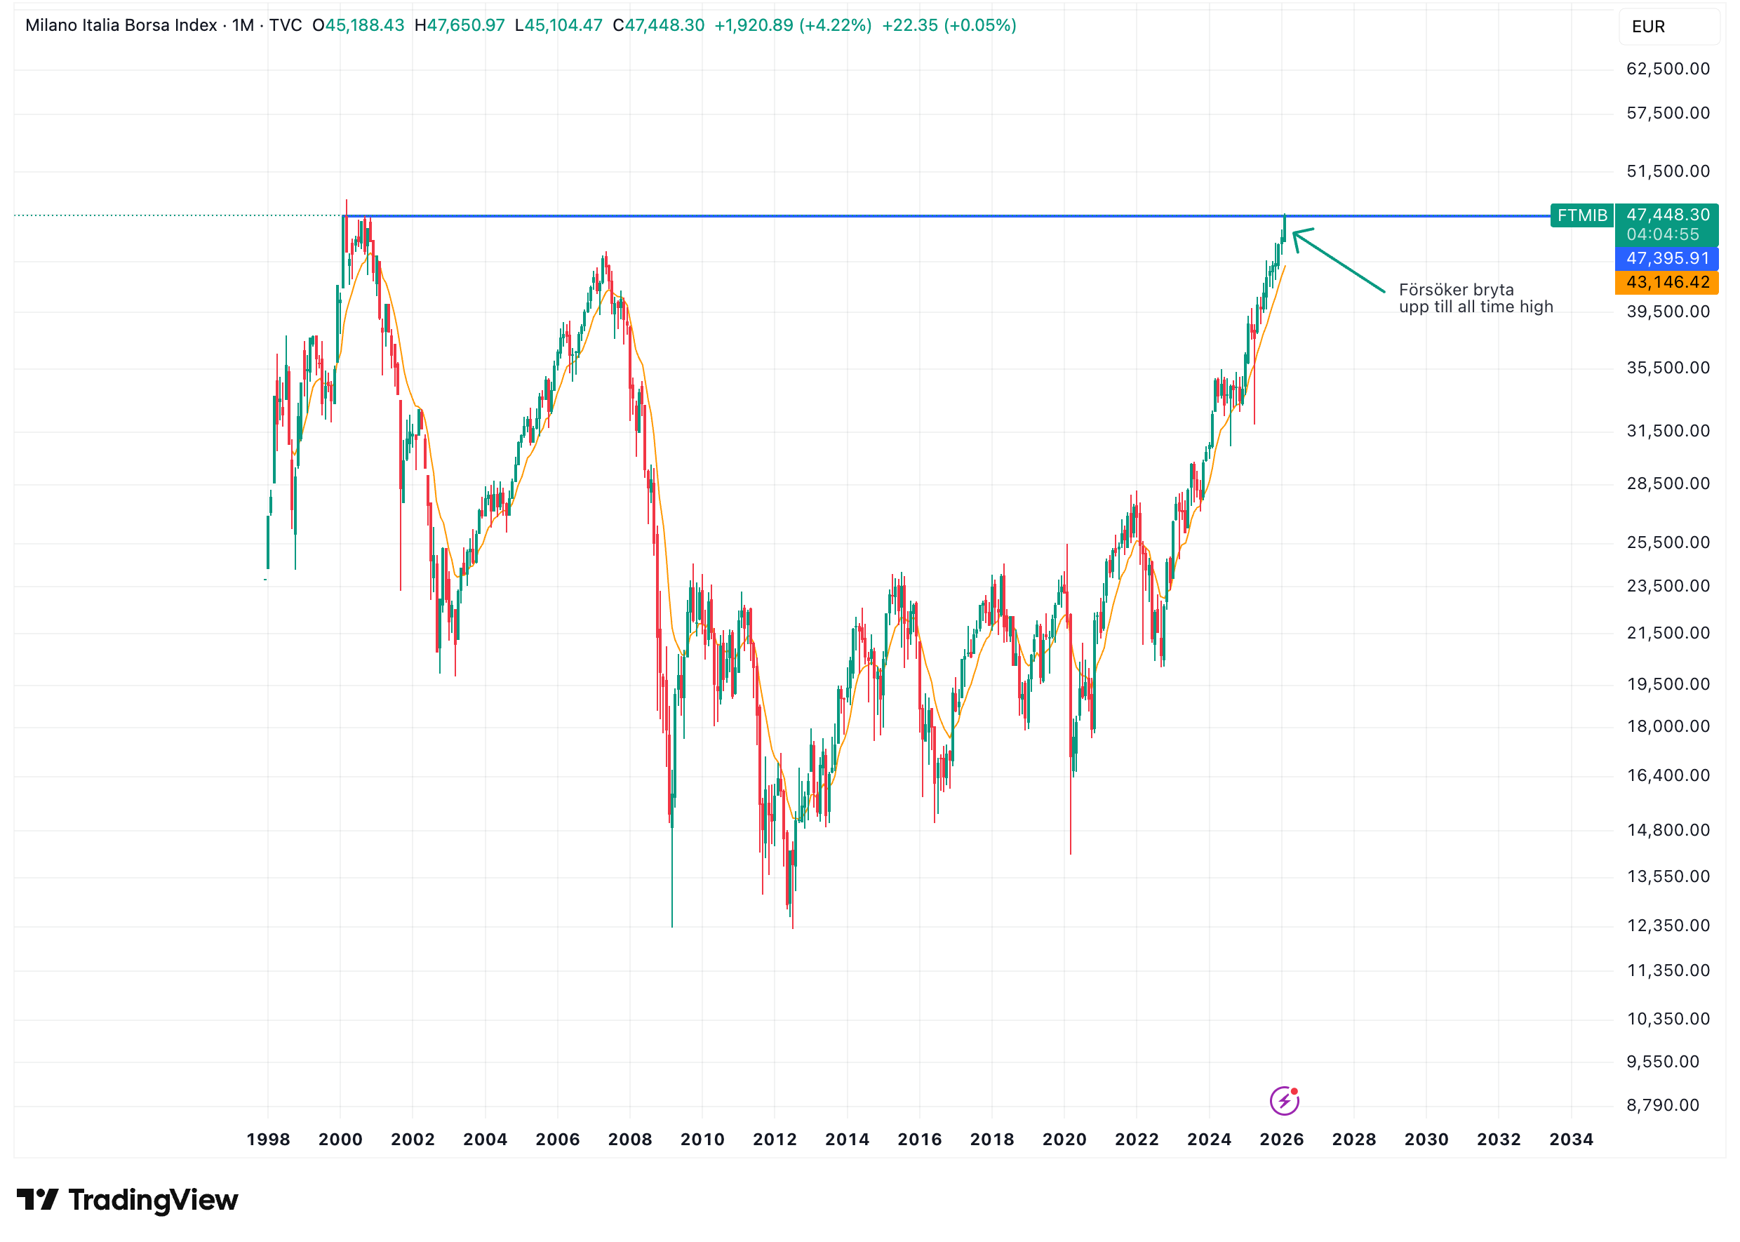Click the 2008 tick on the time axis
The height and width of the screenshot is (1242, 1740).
click(x=629, y=1139)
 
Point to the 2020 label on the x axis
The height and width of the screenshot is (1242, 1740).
click(x=1064, y=1139)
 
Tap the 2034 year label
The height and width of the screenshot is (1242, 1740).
click(x=1570, y=1139)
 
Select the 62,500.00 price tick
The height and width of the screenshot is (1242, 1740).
click(x=1667, y=69)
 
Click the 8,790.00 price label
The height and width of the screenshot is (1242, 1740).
click(x=1662, y=1104)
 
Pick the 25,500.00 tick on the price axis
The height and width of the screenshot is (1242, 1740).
click(x=1667, y=542)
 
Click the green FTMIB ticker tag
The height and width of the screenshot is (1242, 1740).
click(x=1581, y=215)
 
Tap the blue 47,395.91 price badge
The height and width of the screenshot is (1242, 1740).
click(x=1666, y=258)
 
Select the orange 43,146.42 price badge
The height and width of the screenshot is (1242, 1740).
click(x=1666, y=282)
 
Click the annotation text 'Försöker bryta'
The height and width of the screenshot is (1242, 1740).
click(x=1456, y=290)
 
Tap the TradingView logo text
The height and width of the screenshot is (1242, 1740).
click(x=153, y=1200)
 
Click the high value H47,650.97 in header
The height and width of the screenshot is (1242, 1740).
click(x=460, y=25)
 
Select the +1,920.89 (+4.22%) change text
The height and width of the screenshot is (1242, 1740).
click(x=793, y=25)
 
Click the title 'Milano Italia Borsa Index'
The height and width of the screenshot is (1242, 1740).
click(x=121, y=25)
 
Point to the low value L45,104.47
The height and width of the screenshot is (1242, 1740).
click(x=559, y=25)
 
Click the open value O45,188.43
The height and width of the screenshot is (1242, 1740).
click(x=358, y=25)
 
